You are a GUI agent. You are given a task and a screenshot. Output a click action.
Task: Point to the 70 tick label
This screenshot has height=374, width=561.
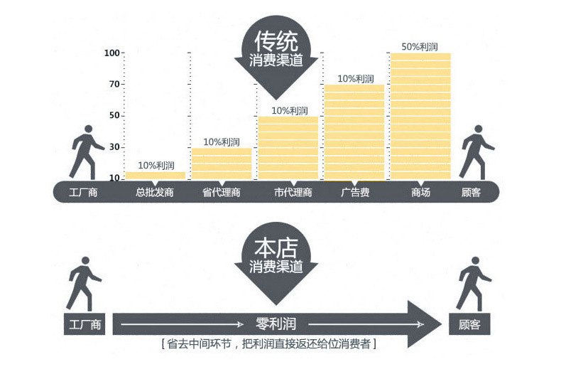pyautogui.click(x=114, y=84)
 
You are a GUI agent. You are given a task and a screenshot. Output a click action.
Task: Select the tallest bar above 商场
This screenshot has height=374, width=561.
pyautogui.click(x=420, y=117)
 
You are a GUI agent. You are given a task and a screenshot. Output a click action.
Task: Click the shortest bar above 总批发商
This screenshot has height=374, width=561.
pyautogui.click(x=156, y=176)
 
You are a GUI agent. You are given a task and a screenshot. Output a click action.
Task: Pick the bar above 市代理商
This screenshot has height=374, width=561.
pyautogui.click(x=288, y=148)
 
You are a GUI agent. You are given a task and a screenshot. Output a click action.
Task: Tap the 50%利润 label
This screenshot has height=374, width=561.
pyautogui.click(x=420, y=47)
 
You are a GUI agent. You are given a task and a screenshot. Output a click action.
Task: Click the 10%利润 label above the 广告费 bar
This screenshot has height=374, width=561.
pyautogui.click(x=356, y=78)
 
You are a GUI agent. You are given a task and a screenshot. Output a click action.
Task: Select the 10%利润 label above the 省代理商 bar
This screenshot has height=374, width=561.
pyautogui.click(x=222, y=142)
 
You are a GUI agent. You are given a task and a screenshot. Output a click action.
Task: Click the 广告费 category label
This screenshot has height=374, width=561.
pyautogui.click(x=355, y=193)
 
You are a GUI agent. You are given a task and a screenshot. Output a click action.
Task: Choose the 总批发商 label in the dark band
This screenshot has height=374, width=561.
pyautogui.click(x=155, y=193)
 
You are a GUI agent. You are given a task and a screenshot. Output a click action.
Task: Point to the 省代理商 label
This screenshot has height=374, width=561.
pyautogui.click(x=222, y=193)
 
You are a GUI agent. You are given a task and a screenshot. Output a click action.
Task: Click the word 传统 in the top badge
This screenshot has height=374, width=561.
pyautogui.click(x=276, y=41)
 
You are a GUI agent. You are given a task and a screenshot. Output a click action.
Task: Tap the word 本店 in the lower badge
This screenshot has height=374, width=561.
pyautogui.click(x=276, y=248)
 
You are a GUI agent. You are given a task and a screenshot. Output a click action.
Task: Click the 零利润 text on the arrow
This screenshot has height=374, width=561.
pyautogui.click(x=276, y=324)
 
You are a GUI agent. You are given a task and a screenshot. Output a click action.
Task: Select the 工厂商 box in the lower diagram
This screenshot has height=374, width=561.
pyautogui.click(x=85, y=324)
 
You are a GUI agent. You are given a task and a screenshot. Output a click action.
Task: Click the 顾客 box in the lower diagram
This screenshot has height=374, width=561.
pyautogui.click(x=469, y=324)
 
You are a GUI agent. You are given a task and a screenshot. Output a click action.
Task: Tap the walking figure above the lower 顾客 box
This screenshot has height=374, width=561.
pyautogui.click(x=474, y=284)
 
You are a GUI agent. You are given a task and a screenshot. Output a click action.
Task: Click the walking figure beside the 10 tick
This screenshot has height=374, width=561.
pyautogui.click(x=87, y=152)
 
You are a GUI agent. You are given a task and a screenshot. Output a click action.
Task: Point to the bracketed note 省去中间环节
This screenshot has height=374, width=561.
pyautogui.click(x=268, y=344)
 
